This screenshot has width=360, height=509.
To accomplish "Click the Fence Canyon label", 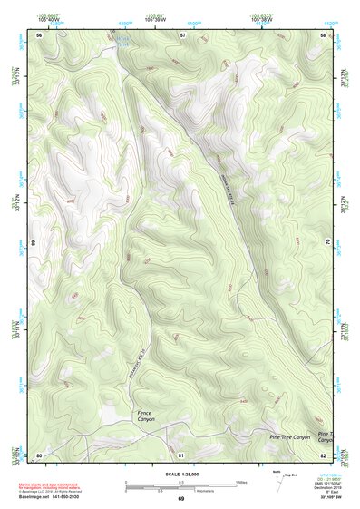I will click(147, 416).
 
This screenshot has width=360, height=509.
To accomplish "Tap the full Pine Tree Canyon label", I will click(289, 437).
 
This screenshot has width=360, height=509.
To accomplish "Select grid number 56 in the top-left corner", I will click(40, 34).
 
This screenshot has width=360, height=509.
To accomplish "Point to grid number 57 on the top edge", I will click(182, 34).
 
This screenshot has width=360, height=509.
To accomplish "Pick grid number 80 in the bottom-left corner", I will click(39, 454).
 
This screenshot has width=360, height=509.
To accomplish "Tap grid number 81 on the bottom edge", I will click(181, 454).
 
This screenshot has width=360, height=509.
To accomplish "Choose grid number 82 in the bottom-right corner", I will click(323, 454).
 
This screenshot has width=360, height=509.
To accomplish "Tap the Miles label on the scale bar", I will click(241, 481).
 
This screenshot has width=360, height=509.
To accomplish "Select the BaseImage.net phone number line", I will click(56, 497).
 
